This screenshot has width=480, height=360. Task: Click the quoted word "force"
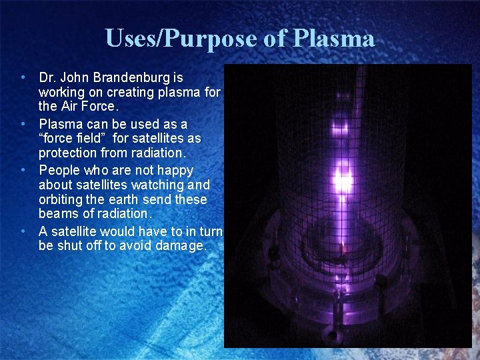click(57, 139)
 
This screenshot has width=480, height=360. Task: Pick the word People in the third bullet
click(61, 170)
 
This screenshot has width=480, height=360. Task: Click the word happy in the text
click(174, 170)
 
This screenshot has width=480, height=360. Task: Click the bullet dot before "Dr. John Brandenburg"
click(23, 78)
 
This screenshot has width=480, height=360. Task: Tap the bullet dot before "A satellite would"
click(23, 231)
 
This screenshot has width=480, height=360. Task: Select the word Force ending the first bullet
click(99, 107)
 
